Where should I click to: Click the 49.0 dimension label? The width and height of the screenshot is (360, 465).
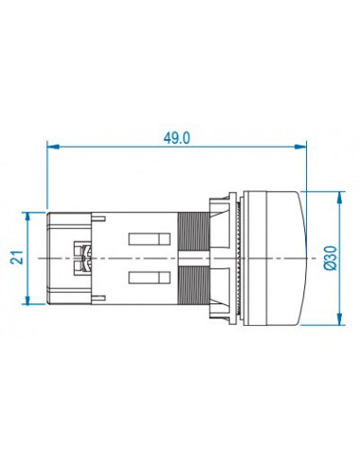pos(177,138)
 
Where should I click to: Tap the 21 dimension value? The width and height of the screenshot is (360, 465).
pos(17,257)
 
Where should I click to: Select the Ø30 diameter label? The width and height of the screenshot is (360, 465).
pos(331,258)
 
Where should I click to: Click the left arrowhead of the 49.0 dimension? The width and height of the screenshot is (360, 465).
pos(53,146)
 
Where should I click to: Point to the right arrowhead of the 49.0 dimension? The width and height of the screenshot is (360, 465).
pos(300,146)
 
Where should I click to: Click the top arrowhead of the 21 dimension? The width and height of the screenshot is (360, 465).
pos(27,218)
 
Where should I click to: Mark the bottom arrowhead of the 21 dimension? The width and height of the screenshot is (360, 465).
pos(27,299)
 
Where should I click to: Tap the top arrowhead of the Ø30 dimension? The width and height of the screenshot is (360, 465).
pos(339,198)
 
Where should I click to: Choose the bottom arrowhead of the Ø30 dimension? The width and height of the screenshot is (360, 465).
pos(339,319)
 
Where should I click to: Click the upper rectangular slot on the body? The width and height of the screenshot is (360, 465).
pos(149,239)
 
